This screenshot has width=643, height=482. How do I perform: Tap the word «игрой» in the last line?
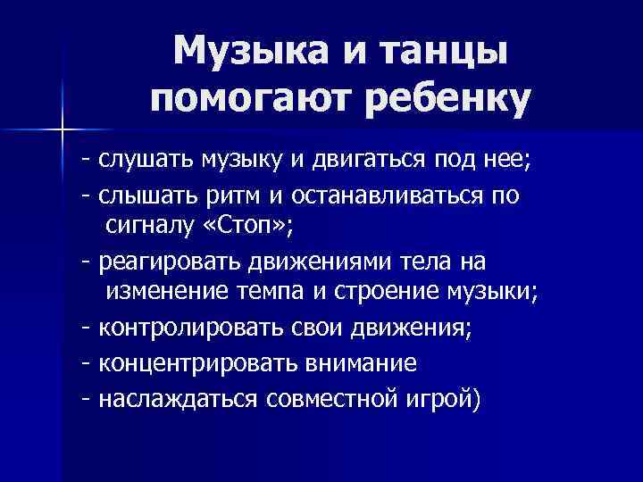click(446, 396)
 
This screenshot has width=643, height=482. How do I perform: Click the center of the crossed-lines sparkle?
click(62, 130)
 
